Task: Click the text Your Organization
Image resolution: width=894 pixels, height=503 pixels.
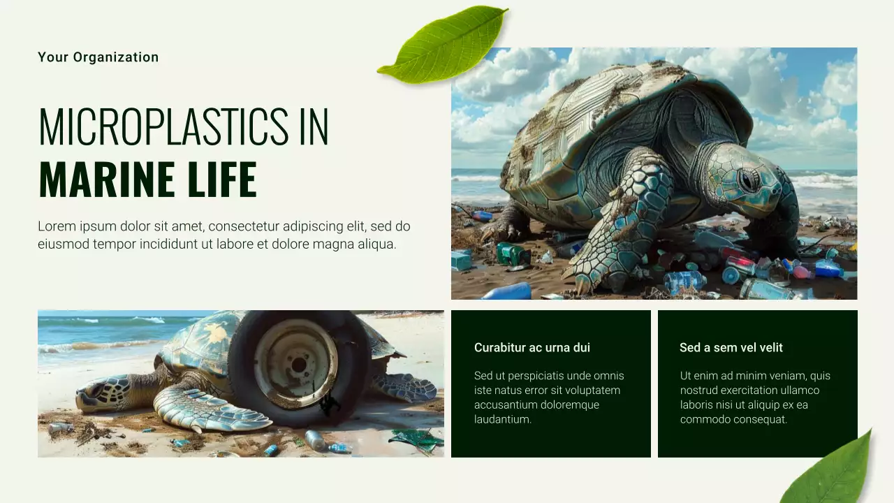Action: pos(98,57)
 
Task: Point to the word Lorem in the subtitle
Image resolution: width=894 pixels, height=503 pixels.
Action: pos(56,226)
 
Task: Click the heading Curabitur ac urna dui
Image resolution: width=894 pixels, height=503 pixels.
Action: pos(532,347)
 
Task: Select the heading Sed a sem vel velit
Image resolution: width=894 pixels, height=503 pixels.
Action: pos(731,347)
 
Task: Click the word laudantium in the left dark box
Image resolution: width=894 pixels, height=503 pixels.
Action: pos(503,419)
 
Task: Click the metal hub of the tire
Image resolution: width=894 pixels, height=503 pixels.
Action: pos(296,363)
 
